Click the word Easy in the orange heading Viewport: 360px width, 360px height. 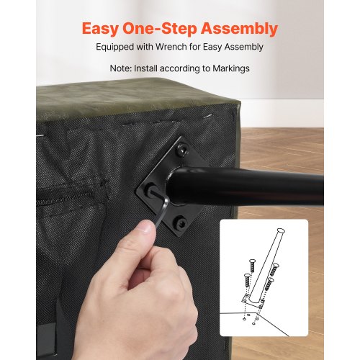[100, 29]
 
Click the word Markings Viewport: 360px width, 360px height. [231, 68]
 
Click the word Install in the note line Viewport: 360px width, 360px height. [145, 68]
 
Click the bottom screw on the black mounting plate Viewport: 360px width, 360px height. [181, 223]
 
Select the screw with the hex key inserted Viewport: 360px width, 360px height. [151, 190]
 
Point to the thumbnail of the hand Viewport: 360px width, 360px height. [145, 228]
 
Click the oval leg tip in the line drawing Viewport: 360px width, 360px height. [281, 231]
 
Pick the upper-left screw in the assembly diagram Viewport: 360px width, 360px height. [251, 266]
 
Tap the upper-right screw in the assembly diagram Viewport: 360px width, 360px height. [274, 269]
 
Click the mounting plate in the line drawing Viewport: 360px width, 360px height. [253, 302]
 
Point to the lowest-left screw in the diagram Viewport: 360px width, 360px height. [247, 280]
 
